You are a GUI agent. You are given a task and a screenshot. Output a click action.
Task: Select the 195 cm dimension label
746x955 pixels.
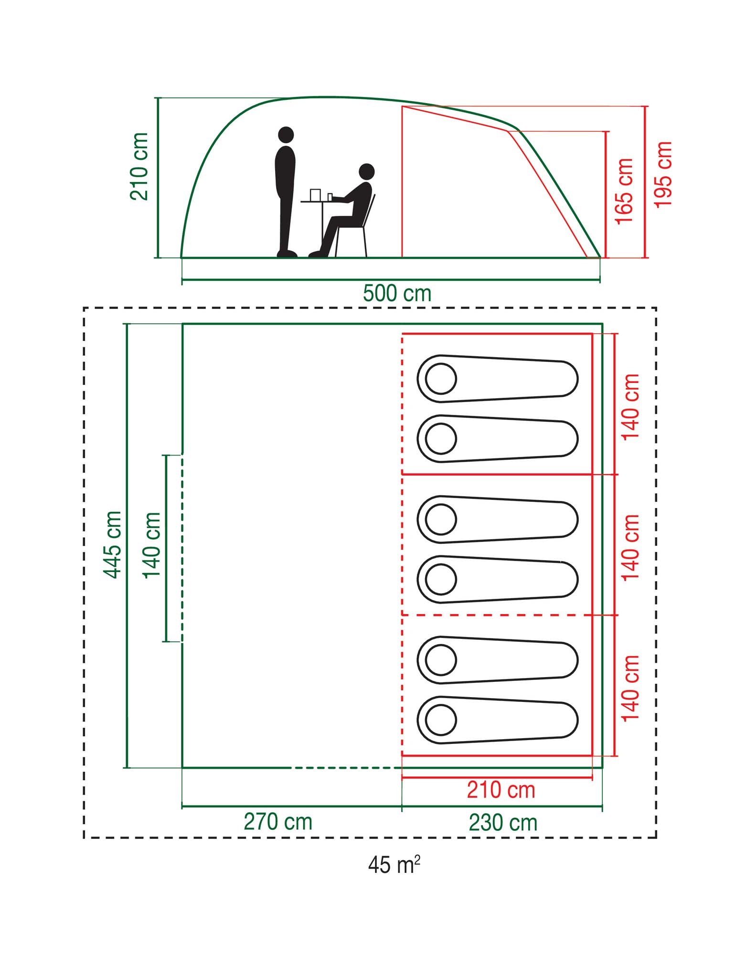(x=663, y=174)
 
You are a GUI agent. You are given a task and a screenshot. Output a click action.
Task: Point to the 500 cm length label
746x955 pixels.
(x=397, y=293)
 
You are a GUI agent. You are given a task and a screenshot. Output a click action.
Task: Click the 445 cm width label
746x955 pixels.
(x=113, y=544)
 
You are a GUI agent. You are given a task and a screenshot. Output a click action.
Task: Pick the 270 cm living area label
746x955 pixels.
(x=278, y=822)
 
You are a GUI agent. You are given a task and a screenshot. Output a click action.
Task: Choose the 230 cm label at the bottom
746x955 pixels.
(x=503, y=822)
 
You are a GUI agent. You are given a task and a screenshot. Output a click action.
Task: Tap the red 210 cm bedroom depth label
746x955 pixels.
(x=501, y=790)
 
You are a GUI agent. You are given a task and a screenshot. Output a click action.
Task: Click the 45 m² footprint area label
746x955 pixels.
(x=394, y=864)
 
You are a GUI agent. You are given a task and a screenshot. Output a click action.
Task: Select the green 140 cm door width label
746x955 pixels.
(x=152, y=545)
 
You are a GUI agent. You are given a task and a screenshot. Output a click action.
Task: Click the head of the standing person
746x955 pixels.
(x=286, y=135)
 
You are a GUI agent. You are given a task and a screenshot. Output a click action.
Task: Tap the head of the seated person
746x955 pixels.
(x=366, y=171)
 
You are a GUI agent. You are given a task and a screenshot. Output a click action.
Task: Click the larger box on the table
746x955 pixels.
(x=315, y=195)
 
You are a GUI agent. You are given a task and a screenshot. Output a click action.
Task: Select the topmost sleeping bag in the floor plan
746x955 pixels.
(x=497, y=379)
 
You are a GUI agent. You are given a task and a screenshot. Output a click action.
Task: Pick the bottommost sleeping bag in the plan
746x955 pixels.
(x=497, y=720)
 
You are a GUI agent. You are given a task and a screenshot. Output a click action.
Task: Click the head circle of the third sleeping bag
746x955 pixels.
(x=441, y=520)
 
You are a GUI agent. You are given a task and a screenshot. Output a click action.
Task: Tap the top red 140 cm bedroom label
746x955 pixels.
(x=631, y=406)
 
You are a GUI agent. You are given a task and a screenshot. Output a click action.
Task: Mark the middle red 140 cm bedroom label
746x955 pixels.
(x=631, y=547)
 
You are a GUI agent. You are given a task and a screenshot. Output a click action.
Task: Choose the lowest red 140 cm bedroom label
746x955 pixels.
(x=631, y=688)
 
